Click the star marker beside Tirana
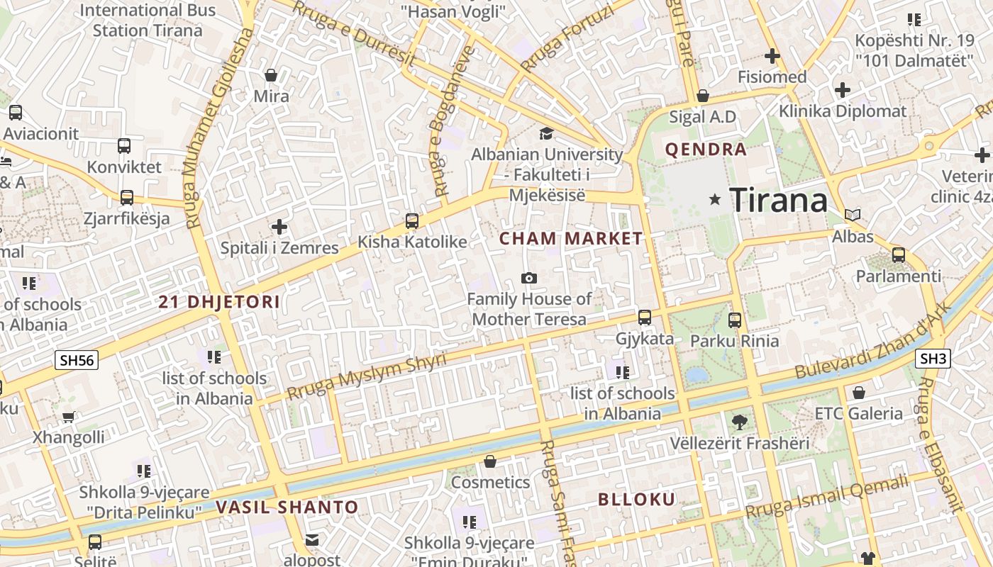715,200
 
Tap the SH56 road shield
77,360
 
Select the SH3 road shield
933,359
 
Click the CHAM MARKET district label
571,239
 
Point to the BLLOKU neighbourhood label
637,500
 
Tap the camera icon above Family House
528,278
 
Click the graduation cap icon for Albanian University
546,133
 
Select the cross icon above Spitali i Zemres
279,227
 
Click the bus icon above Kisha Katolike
412,221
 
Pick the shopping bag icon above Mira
271,75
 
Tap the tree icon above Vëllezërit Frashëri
739,422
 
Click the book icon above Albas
853,215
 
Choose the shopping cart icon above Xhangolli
68,417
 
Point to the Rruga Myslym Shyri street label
367,376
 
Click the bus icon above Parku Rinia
735,320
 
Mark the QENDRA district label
706,150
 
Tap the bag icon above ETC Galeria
859,393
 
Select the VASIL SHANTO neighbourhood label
287,507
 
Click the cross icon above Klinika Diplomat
843,90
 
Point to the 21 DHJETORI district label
219,302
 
